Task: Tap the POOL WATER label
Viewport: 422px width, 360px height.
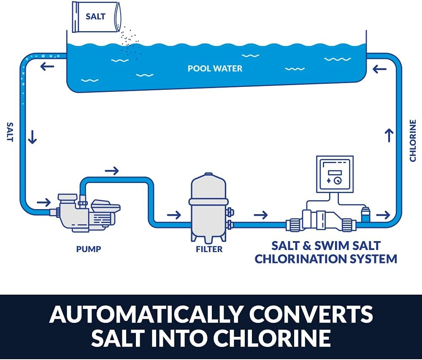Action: (215, 68)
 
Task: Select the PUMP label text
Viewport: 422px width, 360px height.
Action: (89, 249)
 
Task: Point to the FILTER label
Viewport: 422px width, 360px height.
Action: (209, 249)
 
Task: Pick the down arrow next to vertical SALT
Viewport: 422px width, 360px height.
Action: (32, 137)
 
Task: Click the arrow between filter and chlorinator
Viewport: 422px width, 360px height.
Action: (261, 215)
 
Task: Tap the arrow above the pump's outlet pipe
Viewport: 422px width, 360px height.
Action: (112, 170)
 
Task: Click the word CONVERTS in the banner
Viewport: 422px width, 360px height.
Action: (311, 314)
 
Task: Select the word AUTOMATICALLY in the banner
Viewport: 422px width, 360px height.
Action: (146, 314)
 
